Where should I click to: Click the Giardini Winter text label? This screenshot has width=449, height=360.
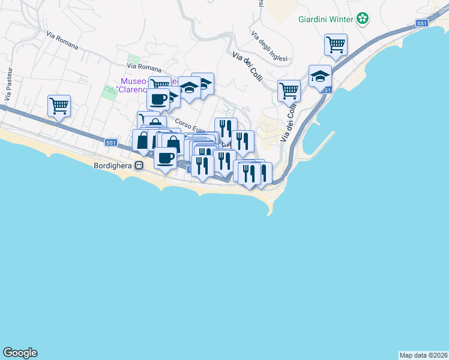point(326,19)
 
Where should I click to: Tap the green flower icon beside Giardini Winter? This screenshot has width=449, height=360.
point(363,19)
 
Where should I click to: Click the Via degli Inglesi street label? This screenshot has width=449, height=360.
point(270,46)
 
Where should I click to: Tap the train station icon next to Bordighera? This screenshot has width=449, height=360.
point(139,165)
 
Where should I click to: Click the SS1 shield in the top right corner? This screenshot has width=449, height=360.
point(421,23)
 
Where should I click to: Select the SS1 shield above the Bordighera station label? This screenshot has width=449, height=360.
point(110,142)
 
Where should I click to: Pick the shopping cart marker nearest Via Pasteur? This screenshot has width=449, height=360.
point(59,106)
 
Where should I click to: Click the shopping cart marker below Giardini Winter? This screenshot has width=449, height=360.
point(336,44)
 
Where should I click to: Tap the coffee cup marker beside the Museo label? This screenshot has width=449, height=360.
point(158,99)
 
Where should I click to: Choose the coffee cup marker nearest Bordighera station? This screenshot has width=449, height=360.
point(166,158)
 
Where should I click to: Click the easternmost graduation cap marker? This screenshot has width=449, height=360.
point(320,76)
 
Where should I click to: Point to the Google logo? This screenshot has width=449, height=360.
point(20,353)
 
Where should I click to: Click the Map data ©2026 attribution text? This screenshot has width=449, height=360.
point(423,355)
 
